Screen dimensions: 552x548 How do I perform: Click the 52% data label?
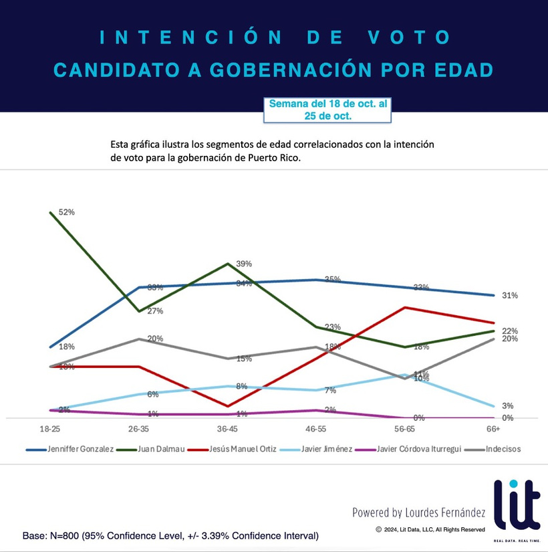pyautogui.click(x=67, y=212)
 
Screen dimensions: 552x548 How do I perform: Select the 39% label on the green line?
pyautogui.click(x=244, y=264)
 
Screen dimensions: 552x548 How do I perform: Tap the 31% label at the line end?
pyautogui.click(x=510, y=295)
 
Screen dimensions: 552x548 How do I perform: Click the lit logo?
pyautogui.click(x=516, y=506)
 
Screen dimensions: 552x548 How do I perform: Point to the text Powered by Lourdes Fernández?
pyautogui.click(x=419, y=513)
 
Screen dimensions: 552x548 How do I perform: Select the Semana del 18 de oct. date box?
pyautogui.click(x=327, y=110)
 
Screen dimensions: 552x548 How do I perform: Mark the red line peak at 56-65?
pyautogui.click(x=405, y=308)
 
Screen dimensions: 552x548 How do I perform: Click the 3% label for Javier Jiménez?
pyautogui.click(x=507, y=406)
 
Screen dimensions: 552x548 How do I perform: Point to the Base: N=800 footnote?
pyautogui.click(x=170, y=536)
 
